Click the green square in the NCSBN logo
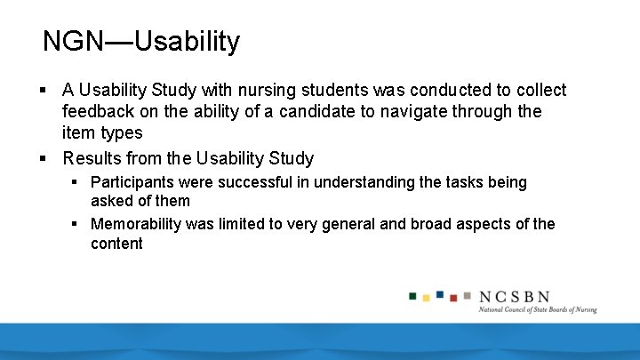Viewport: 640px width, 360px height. (413, 295)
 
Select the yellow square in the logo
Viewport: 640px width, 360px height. (427, 298)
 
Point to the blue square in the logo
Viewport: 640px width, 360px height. (440, 294)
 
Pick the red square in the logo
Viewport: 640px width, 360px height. (453, 298)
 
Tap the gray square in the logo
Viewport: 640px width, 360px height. (467, 295)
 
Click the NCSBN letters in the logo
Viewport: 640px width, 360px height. (514, 297)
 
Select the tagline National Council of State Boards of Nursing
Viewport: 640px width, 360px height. (537, 310)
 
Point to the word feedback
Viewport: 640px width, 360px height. (98, 112)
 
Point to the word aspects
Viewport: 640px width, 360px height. (478, 224)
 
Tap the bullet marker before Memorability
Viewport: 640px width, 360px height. (76, 224)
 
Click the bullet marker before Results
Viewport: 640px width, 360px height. (43, 159)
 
